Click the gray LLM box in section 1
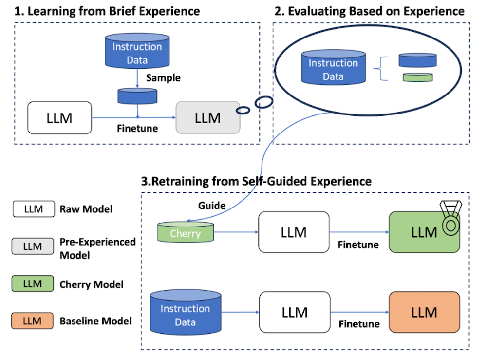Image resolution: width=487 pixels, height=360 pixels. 207,117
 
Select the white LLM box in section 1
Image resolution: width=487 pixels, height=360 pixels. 59,117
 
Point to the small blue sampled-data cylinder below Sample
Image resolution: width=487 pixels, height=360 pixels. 137,96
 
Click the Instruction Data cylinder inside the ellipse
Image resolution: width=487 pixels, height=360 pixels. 333,69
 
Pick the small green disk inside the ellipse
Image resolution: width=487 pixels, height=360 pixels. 417,77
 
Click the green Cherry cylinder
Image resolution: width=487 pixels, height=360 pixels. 185,233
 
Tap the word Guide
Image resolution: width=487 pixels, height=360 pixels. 211,206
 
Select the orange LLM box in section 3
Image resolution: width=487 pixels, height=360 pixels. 424,312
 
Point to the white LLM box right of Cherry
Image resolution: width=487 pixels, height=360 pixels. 294,232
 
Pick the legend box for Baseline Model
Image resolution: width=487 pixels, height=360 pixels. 33,321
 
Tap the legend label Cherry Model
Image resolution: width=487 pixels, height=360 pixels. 92,284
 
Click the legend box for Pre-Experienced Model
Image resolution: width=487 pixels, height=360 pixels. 33,246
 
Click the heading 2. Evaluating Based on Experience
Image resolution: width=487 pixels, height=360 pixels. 369,11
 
